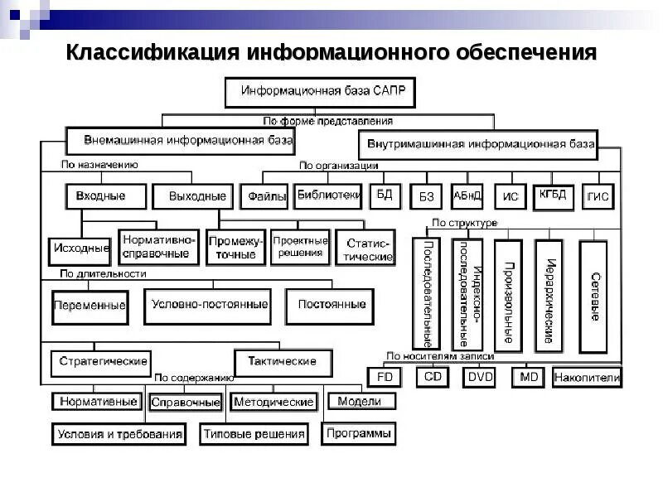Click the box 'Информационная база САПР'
click(x=324, y=92)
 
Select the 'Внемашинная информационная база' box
click(x=180, y=140)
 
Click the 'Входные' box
click(x=104, y=196)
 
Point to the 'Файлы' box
click(x=264, y=196)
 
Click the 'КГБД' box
click(x=552, y=195)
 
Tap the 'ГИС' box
click(x=598, y=197)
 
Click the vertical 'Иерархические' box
click(x=549, y=292)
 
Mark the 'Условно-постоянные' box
click(x=210, y=305)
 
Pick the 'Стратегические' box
click(x=103, y=362)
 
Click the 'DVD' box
click(x=480, y=377)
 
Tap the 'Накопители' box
click(x=587, y=378)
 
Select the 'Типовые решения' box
click(x=254, y=433)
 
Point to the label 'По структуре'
click(x=464, y=224)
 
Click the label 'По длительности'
click(x=103, y=273)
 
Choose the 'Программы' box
click(x=359, y=432)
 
